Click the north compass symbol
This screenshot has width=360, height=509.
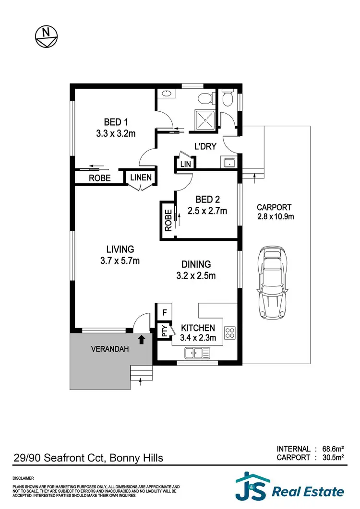[x=46, y=36]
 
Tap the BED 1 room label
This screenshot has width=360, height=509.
[x=116, y=122]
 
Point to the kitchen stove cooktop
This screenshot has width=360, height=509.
[x=230, y=331]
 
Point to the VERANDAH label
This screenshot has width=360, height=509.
[x=110, y=349]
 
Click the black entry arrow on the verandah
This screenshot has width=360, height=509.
[x=142, y=340]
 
